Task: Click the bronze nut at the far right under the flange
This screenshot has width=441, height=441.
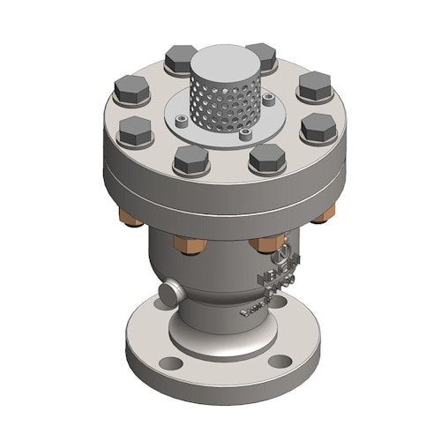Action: (x=325, y=212)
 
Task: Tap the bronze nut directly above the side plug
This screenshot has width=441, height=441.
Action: (x=189, y=244)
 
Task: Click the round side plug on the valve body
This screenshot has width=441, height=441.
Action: (x=168, y=293)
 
